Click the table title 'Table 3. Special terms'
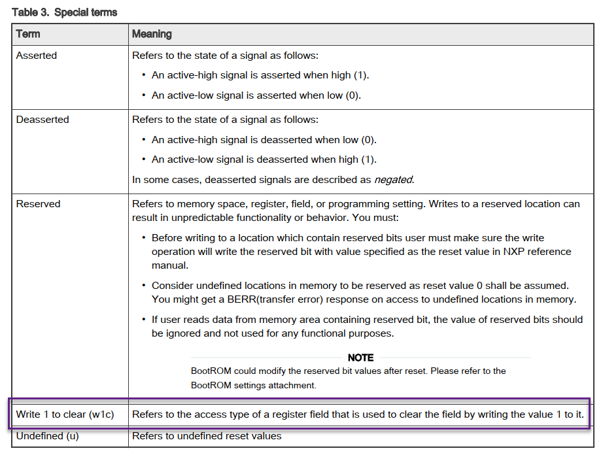(64, 12)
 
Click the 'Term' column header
(28, 34)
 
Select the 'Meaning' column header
(152, 34)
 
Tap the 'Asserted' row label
(37, 56)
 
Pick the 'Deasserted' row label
(43, 120)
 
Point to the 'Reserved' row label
(38, 204)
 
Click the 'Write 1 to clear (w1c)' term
(65, 414)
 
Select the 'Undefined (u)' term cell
(47, 435)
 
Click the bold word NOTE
(360, 358)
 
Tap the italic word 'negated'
(394, 179)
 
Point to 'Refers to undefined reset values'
(207, 435)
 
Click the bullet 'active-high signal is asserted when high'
(260, 75)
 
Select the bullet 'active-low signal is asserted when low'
(256, 95)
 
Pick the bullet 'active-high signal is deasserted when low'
(264, 140)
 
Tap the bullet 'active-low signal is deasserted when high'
(264, 160)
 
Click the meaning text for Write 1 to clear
(358, 414)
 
